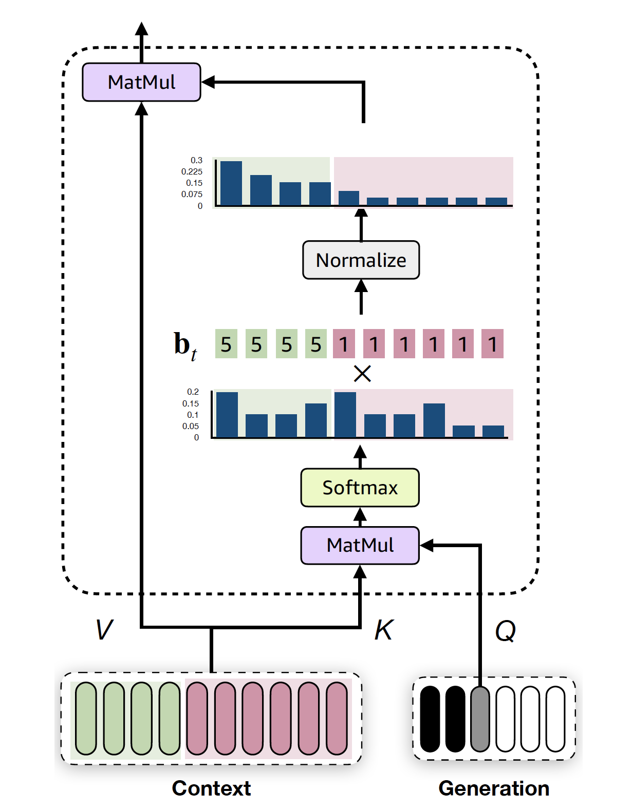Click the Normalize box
click(361, 260)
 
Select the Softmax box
click(360, 488)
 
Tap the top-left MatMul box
click(141, 82)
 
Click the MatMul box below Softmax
click(360, 545)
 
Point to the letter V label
click(104, 630)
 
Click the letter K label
click(383, 630)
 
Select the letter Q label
click(505, 631)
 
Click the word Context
click(211, 788)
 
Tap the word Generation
click(494, 788)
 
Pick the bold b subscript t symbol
click(184, 345)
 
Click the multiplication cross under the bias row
click(362, 374)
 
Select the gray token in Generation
click(480, 719)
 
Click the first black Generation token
click(430, 719)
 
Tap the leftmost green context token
click(86, 719)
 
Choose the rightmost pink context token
click(337, 719)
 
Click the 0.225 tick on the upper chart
click(192, 171)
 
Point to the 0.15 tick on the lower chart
click(190, 403)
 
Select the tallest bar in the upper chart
click(231, 183)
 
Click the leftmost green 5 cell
click(226, 344)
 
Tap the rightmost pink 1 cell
click(492, 344)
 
